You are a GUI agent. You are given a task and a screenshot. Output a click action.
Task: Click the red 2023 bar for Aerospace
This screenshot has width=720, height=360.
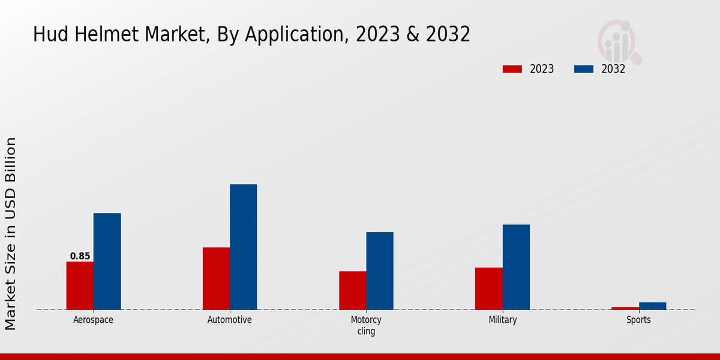(80, 286)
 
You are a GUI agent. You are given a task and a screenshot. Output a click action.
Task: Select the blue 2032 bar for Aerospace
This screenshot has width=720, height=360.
(107, 262)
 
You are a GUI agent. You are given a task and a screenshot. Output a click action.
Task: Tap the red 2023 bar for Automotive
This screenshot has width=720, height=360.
(216, 278)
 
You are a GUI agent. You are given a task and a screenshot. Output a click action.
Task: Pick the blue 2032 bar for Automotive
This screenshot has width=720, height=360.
(243, 247)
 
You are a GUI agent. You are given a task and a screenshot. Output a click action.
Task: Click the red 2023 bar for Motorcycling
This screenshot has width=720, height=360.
(352, 290)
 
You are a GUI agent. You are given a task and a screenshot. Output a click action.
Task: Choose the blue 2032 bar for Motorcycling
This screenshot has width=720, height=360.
(380, 271)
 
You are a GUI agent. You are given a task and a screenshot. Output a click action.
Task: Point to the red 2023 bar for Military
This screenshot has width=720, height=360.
(488, 289)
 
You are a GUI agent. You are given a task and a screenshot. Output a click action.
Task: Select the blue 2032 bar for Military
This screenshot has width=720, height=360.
(516, 267)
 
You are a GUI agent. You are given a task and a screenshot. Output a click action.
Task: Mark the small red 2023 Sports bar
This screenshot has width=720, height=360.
(625, 308)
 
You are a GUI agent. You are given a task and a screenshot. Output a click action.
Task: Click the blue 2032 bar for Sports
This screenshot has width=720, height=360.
(652, 306)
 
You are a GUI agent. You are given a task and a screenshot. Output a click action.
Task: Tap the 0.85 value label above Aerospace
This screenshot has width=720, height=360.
(80, 256)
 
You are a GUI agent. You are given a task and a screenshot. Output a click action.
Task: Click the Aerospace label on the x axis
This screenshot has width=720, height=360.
(93, 320)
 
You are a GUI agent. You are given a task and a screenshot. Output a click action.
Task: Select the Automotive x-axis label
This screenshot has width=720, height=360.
(230, 320)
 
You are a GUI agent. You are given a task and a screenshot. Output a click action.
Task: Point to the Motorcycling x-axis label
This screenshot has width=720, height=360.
(366, 325)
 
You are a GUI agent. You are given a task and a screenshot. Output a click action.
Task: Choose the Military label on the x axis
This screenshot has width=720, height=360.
(503, 320)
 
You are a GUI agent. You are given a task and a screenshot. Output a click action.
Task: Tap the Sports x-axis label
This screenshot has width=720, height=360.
(638, 320)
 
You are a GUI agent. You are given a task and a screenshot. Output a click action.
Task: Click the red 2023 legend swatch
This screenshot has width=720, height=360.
(512, 69)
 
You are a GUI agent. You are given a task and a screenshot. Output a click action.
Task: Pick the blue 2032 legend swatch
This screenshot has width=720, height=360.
(584, 69)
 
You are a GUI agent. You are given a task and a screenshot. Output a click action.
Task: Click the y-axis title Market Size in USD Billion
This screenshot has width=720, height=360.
(11, 234)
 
